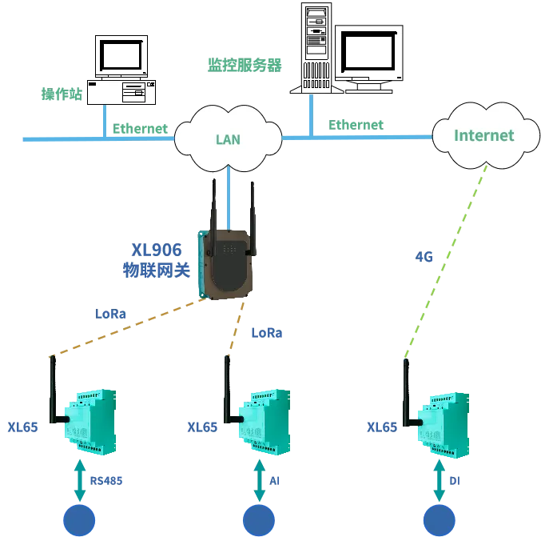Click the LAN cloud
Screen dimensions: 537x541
click(x=228, y=138)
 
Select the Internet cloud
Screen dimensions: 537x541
click(x=483, y=135)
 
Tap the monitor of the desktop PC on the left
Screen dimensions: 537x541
click(x=121, y=55)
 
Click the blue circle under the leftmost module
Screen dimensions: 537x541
click(x=80, y=519)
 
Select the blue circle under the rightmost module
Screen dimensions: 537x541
click(x=439, y=519)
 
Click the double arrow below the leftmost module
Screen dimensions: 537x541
click(x=80, y=479)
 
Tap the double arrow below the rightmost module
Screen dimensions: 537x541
click(x=439, y=479)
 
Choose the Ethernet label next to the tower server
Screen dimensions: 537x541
click(x=356, y=125)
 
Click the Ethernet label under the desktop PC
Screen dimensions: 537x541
click(x=140, y=128)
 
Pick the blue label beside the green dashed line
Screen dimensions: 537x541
click(x=425, y=258)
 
